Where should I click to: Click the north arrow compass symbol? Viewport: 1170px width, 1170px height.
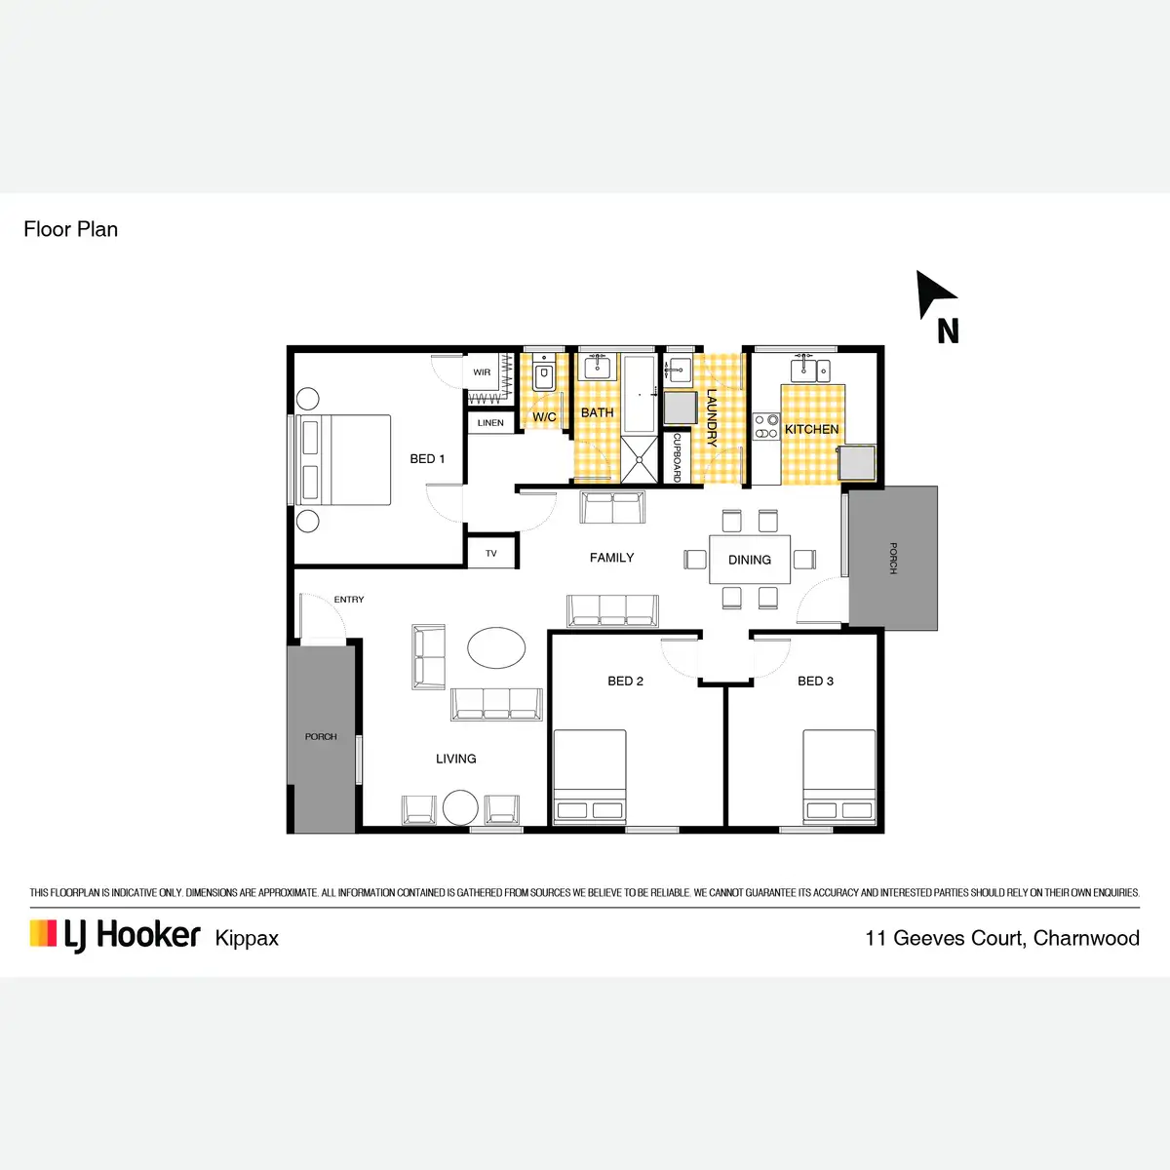[x=934, y=295]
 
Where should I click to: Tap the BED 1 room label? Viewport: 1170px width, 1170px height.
[x=427, y=458]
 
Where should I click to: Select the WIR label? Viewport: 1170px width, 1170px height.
[x=482, y=372]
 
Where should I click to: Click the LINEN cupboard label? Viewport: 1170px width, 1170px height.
[x=490, y=423]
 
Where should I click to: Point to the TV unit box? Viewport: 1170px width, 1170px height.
[x=491, y=554]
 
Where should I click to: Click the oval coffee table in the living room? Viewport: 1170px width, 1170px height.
[x=496, y=647]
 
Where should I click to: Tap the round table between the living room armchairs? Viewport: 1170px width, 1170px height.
[x=460, y=807]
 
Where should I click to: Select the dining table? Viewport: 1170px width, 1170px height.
[x=749, y=560]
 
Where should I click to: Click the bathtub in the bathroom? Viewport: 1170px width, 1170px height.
[x=640, y=394]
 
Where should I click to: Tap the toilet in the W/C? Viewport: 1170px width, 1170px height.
[x=544, y=376]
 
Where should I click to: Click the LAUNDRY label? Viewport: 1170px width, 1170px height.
[x=712, y=417]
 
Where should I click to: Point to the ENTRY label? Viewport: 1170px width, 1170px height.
[x=349, y=600]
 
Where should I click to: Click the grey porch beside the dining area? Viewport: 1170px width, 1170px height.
[x=893, y=558]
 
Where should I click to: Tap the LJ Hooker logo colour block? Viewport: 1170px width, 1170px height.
[x=43, y=934]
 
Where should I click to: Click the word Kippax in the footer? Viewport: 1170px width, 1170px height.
[x=247, y=938]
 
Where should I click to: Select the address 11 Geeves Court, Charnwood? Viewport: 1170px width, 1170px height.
[x=1002, y=938]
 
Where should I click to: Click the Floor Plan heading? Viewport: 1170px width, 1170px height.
[x=70, y=229]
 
